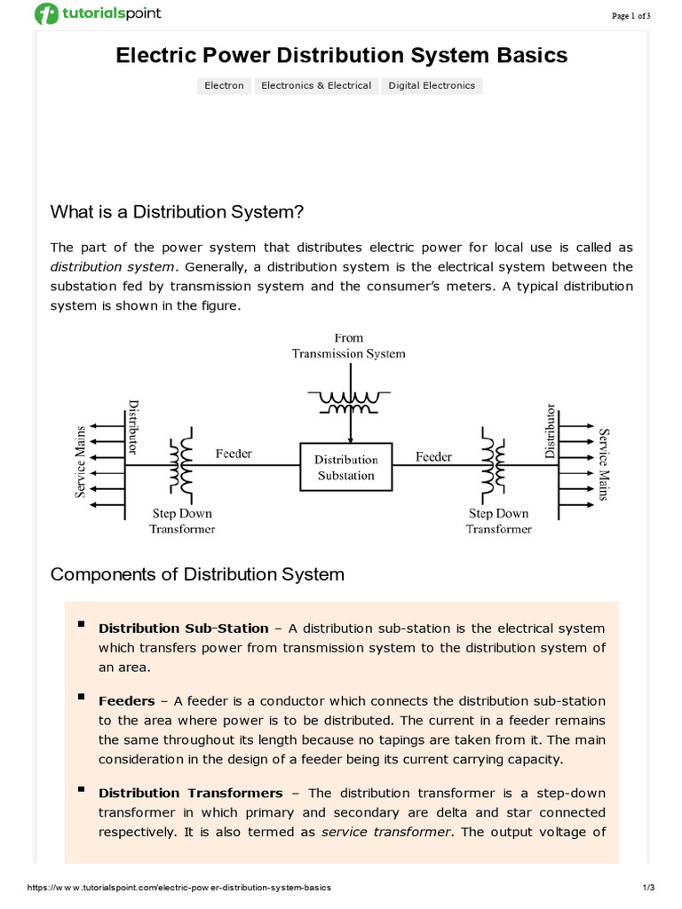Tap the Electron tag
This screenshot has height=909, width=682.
click(224, 86)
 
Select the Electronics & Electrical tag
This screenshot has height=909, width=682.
click(315, 86)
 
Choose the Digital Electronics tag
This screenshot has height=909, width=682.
click(432, 86)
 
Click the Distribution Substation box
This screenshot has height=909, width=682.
click(346, 467)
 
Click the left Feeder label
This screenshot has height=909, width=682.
click(234, 454)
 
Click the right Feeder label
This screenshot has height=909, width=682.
click(433, 457)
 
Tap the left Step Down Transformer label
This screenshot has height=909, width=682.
click(181, 521)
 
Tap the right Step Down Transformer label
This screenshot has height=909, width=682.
click(499, 521)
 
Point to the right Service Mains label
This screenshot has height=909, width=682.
click(604, 464)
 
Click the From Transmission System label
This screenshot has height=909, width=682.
click(349, 345)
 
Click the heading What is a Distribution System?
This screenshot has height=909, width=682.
click(177, 212)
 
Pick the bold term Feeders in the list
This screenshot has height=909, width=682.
click(126, 701)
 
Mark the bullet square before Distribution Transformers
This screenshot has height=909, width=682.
click(82, 789)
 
